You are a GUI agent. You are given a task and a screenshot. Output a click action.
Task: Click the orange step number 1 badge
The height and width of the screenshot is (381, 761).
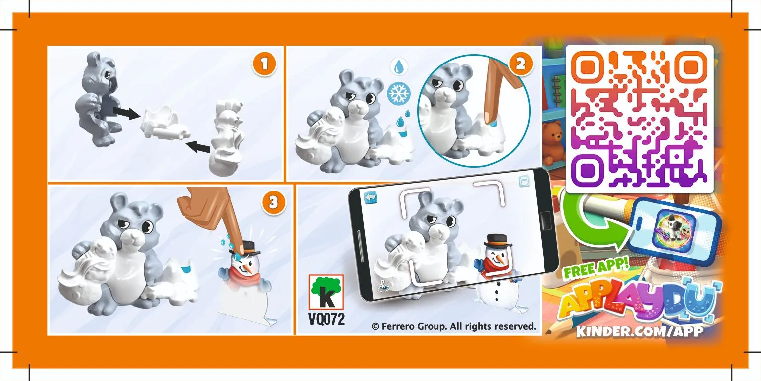coord(264,63)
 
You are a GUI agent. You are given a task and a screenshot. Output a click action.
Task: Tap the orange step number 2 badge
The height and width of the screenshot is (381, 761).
coord(521,64)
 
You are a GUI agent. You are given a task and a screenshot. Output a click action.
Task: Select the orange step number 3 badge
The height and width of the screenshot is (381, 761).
coord(273,203)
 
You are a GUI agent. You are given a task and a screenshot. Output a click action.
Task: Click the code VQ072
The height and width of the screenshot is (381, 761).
coord(326,319)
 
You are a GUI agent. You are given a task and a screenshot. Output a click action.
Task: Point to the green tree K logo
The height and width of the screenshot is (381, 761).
coord(326,292)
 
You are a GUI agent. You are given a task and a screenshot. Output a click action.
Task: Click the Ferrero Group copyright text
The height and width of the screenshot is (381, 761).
coord(453,326)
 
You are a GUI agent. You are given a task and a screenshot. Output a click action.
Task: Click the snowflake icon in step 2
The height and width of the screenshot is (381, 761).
coord(399,93)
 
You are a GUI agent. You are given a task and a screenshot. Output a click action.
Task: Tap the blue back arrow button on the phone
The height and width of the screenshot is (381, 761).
coord(370,197)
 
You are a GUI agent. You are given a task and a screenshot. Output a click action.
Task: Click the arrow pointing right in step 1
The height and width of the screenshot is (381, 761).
coord(126,113)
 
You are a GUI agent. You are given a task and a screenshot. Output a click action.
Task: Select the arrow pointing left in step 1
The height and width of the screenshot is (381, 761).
coord(198,147)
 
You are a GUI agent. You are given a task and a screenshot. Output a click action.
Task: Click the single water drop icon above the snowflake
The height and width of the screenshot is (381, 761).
coord(399,66)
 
